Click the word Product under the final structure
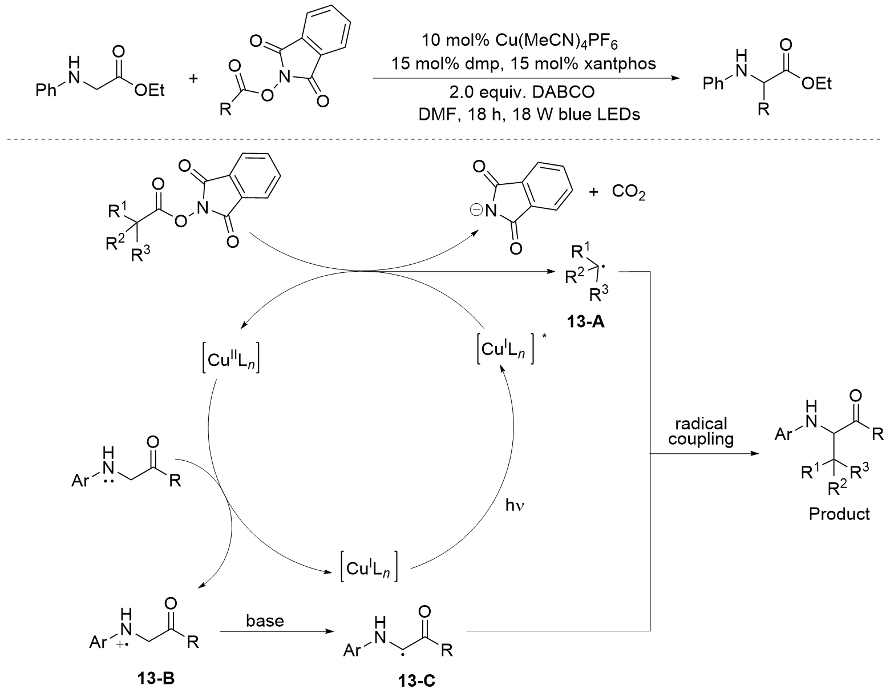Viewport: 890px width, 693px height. click(x=839, y=514)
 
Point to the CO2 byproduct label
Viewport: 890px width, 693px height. click(x=629, y=192)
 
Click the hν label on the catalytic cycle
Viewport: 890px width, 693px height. click(x=515, y=506)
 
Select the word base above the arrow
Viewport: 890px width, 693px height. click(x=265, y=620)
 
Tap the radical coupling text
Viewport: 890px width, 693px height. click(x=701, y=432)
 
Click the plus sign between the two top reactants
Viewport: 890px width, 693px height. click(x=193, y=78)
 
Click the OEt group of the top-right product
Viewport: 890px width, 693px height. click(x=816, y=84)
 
